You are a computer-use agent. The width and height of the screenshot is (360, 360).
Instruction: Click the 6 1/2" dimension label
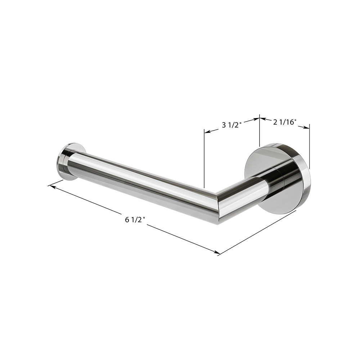[135, 220]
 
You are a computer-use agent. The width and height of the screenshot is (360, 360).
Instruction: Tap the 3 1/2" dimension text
[231, 125]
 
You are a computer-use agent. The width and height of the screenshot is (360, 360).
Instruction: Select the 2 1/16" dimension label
[284, 122]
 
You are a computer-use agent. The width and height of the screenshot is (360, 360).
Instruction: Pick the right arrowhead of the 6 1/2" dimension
[216, 252]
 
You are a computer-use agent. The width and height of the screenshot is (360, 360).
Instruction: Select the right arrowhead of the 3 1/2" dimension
[256, 119]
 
